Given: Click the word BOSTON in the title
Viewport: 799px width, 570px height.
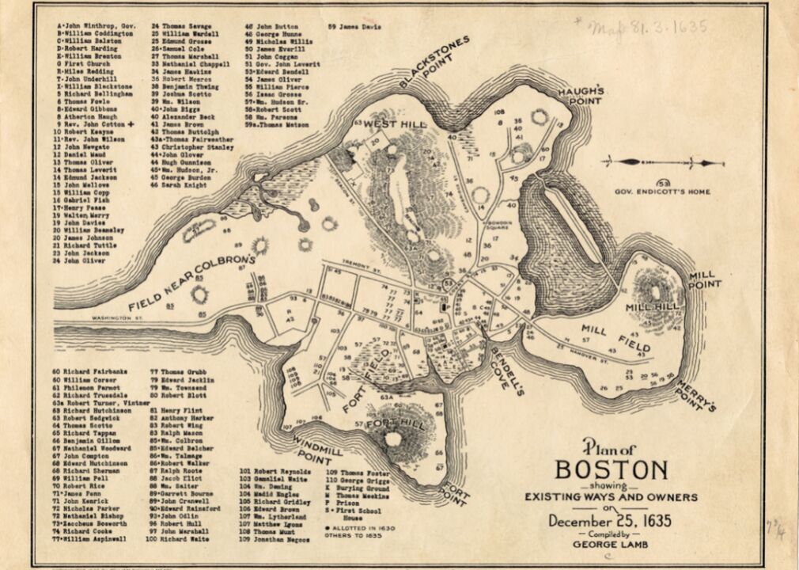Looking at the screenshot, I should click(612, 469).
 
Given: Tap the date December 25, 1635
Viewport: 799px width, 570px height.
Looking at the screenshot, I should click(612, 521).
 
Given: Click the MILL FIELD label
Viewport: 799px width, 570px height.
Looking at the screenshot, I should click(616, 338).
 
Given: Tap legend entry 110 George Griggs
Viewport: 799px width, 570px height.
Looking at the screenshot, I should click(353, 480).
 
